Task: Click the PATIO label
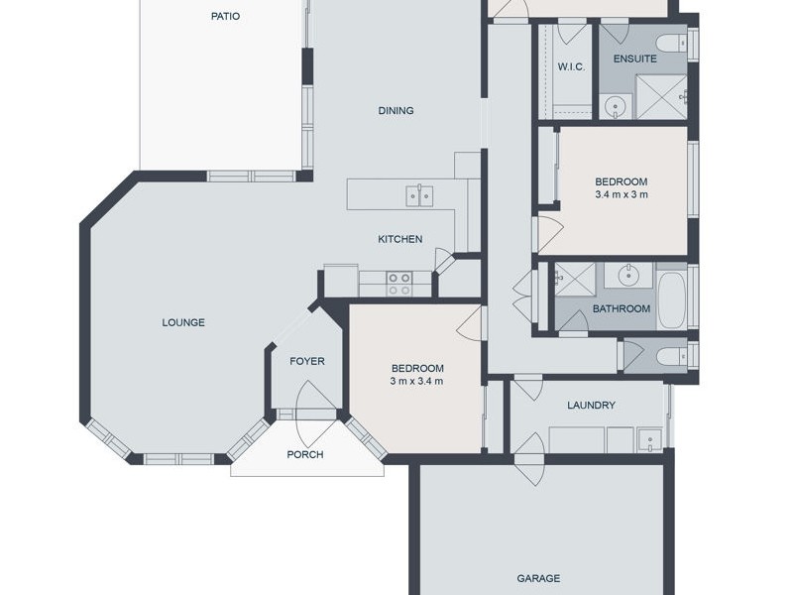click(225, 16)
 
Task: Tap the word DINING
click(396, 110)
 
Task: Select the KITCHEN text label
click(400, 239)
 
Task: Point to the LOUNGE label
click(184, 322)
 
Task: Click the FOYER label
click(307, 361)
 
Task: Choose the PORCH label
click(305, 455)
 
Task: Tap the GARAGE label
click(538, 578)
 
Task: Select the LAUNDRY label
click(592, 405)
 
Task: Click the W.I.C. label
click(572, 67)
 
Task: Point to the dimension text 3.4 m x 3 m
click(622, 194)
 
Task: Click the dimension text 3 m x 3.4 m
click(416, 381)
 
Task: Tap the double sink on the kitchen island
click(419, 194)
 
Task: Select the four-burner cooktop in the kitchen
click(399, 285)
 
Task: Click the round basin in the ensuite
click(616, 105)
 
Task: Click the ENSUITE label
click(634, 59)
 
